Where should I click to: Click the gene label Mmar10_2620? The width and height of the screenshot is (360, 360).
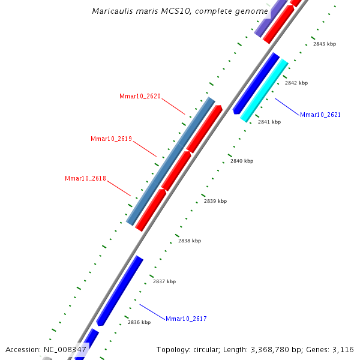140,96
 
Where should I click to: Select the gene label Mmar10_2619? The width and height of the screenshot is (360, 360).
111,139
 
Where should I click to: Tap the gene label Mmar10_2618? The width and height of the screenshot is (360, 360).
85,178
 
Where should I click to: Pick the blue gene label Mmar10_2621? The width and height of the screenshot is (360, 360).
320,115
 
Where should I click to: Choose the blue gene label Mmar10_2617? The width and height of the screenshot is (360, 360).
186,319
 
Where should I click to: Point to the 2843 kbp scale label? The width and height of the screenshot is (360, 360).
325,44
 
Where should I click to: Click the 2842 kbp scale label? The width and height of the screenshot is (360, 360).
296,83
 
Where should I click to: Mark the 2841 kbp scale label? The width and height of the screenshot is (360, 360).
269,122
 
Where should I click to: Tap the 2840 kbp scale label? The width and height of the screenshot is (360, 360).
242,161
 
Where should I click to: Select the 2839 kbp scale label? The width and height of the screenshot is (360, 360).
215,201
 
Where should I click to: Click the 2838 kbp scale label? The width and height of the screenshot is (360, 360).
190,241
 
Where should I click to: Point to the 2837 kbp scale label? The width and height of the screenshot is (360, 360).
164,281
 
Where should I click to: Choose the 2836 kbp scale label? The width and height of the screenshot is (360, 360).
139,322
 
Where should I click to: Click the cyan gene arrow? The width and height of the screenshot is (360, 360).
265,91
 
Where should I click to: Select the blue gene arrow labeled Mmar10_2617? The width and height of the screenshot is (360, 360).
120,290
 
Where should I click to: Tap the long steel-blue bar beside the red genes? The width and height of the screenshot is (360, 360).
170,161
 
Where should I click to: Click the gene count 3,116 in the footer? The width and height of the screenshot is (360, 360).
343,349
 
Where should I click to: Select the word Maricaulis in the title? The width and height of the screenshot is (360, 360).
113,11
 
